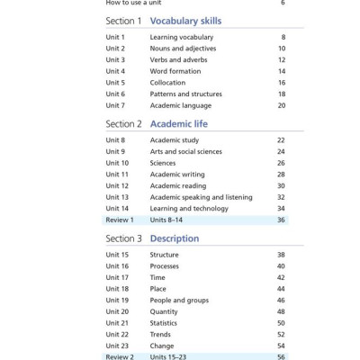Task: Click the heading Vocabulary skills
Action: [187, 20]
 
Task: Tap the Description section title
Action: [175, 238]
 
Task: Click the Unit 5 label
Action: [115, 82]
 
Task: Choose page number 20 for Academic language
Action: [281, 105]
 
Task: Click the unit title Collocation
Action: [169, 82]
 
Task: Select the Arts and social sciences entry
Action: [185, 152]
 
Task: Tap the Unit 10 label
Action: [117, 163]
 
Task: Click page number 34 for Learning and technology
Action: [281, 208]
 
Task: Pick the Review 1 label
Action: [120, 220]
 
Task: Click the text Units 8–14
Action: [170, 220]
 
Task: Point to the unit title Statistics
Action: [164, 323]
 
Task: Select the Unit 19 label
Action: [117, 300]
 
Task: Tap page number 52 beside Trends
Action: [281, 334]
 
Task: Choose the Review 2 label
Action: [120, 356]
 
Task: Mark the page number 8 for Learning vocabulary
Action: [283, 37]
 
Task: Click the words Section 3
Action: [123, 238]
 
